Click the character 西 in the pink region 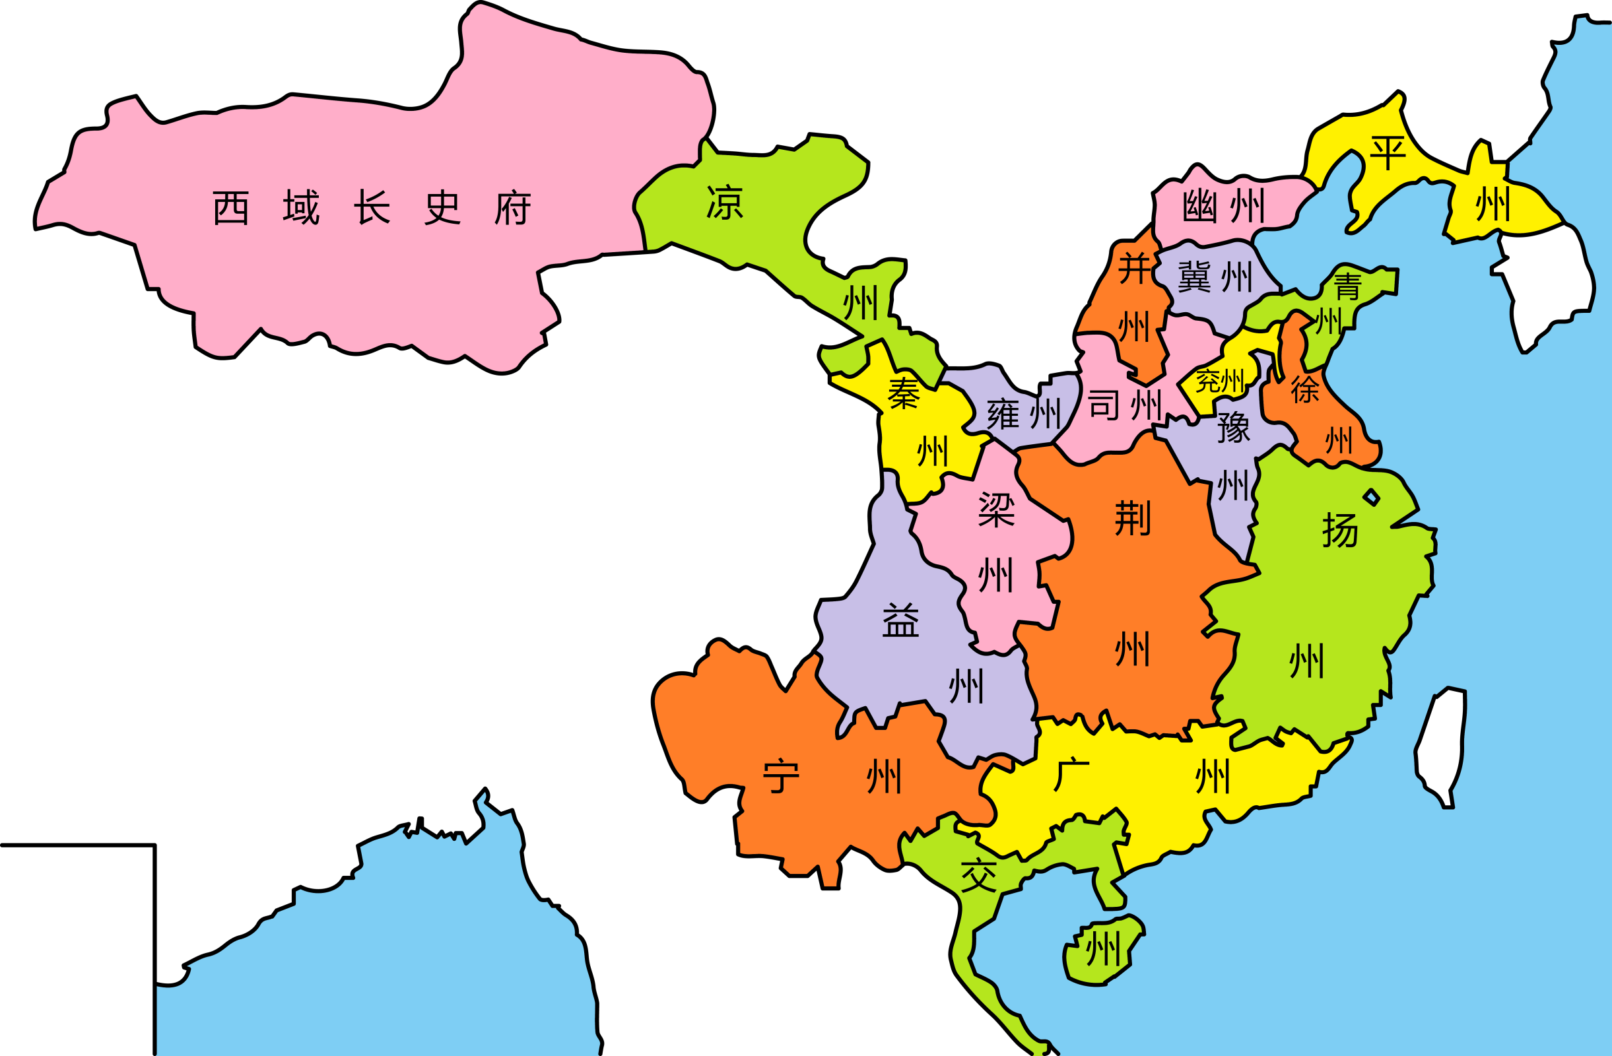[x=231, y=207]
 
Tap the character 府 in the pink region [x=513, y=207]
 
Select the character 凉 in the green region [x=725, y=203]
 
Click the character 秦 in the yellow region [x=904, y=393]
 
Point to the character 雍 [x=1004, y=414]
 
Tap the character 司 [x=1104, y=405]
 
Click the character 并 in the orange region [x=1135, y=267]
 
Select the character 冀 [x=1194, y=277]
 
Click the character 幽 [x=1199, y=206]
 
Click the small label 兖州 [x=1220, y=381]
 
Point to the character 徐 [x=1304, y=389]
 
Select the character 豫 [x=1233, y=427]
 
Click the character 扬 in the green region [x=1340, y=530]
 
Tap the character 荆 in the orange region [x=1133, y=518]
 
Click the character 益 [x=900, y=620]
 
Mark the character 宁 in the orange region [x=781, y=775]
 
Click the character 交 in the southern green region [x=979, y=874]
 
